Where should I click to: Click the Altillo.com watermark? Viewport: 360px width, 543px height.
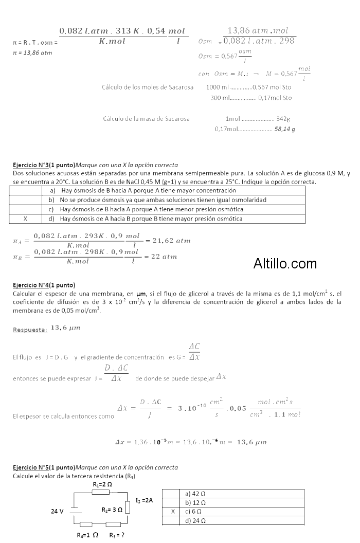(285, 264)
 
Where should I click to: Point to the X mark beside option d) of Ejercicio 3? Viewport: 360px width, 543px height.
(25, 219)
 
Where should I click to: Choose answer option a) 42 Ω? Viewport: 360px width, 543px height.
(196, 493)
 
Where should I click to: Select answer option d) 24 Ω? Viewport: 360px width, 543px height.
(196, 521)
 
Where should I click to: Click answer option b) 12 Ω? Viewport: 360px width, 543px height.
(196, 502)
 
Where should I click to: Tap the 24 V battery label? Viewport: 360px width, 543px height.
(57, 511)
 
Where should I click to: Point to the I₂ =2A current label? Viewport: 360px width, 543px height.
(144, 500)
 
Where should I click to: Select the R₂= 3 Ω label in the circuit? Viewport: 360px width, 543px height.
(112, 510)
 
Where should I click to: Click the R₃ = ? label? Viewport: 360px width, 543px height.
(117, 535)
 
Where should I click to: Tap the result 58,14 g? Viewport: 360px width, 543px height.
(285, 129)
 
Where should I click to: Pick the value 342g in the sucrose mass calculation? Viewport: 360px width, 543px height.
(284, 119)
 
